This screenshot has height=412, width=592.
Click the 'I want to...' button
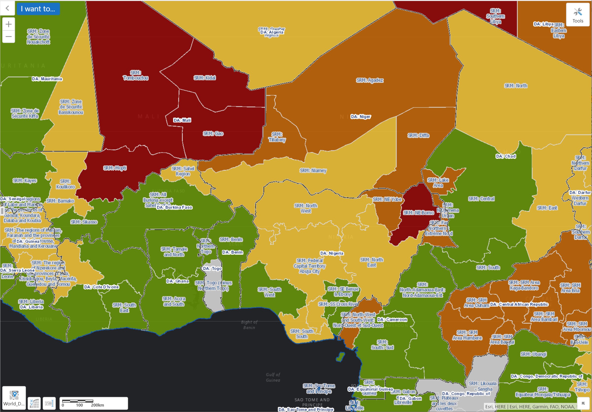pyautogui.click(x=38, y=9)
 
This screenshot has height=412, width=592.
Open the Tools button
pyautogui.click(x=577, y=15)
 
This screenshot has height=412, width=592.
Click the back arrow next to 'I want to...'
pyautogui.click(x=7, y=8)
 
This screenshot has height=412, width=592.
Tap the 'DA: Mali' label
pyautogui.click(x=182, y=120)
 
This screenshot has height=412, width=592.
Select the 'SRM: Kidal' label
pyautogui.click(x=205, y=78)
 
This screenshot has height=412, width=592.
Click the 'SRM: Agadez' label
pyautogui.click(x=370, y=80)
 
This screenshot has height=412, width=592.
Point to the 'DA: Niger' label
pyautogui.click(x=361, y=117)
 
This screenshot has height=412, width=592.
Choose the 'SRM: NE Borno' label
pyautogui.click(x=419, y=213)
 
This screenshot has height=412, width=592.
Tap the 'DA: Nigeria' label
pyautogui.click(x=332, y=253)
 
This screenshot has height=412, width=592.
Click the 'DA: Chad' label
pyautogui.click(x=506, y=156)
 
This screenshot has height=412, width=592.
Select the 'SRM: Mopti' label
pyautogui.click(x=115, y=168)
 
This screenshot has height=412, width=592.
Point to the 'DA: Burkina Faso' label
pyautogui.click(x=174, y=207)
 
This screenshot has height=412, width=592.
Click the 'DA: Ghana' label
pyautogui.click(x=177, y=281)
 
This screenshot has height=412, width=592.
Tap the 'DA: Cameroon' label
pyautogui.click(x=392, y=320)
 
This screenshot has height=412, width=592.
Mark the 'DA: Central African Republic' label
pyautogui.click(x=519, y=304)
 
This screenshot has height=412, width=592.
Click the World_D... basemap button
pyautogui.click(x=14, y=397)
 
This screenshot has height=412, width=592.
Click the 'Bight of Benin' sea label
pyautogui.click(x=249, y=325)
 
